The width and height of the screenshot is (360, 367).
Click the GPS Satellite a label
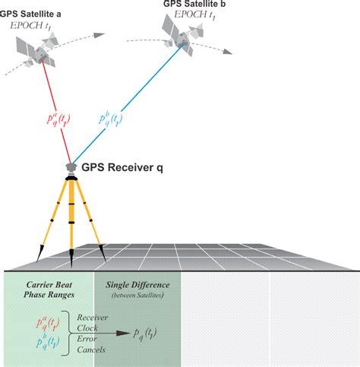tap(30, 14)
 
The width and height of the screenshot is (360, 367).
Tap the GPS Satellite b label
tap(194, 4)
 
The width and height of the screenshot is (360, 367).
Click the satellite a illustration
tap(37, 51)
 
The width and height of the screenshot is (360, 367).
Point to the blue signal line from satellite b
tap(128, 104)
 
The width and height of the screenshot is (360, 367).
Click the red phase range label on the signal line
tap(58, 120)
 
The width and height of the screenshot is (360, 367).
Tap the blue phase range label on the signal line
tap(110, 119)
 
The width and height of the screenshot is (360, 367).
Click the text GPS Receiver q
tap(122, 168)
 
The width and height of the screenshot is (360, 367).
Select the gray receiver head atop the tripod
tap(71, 167)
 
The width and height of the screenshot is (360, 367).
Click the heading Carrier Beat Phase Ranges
tap(49, 289)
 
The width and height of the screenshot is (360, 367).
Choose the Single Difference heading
tap(137, 285)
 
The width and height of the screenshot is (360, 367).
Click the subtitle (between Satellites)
tap(137, 295)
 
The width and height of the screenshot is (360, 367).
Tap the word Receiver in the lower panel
tap(93, 318)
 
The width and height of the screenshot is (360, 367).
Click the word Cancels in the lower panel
tap(91, 350)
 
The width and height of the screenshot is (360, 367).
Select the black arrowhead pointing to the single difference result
tap(123, 334)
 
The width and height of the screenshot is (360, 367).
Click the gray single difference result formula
tap(145, 334)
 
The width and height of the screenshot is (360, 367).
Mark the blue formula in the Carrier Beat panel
tap(48, 341)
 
